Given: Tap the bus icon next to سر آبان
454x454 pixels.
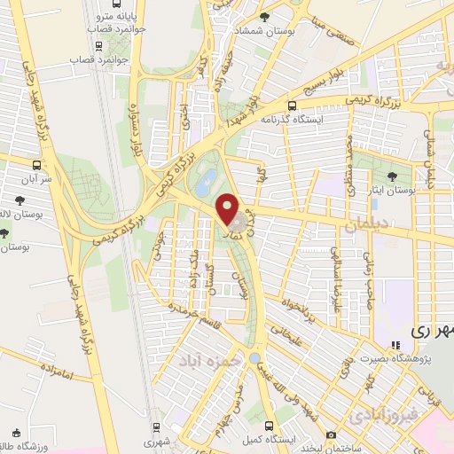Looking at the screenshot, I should point(35,166).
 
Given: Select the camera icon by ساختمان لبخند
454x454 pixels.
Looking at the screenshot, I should point(330,434).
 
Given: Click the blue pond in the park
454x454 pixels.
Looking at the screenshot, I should point(204,184).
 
